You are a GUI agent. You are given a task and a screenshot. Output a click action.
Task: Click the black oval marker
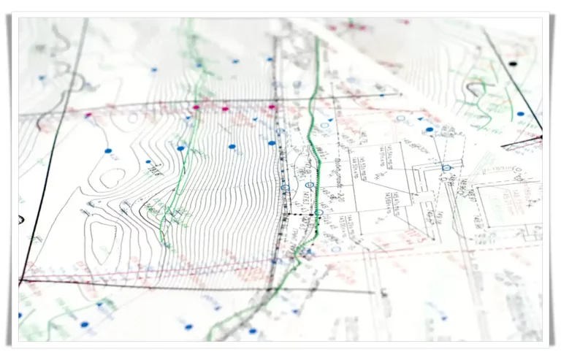click(x=513, y=64)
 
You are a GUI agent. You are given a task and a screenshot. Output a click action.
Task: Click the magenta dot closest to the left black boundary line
click(x=88, y=115)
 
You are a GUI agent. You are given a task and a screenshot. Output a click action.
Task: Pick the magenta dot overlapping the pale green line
click(x=196, y=107)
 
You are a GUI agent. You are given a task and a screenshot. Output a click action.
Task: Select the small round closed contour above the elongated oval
click(x=111, y=177)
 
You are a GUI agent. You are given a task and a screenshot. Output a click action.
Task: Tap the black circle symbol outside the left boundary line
click(x=20, y=218)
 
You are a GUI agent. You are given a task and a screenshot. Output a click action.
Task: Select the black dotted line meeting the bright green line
click(x=299, y=214)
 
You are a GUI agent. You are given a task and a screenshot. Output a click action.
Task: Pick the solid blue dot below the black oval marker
click(x=520, y=114)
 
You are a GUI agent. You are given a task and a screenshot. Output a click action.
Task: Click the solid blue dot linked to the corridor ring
click(x=430, y=129)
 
